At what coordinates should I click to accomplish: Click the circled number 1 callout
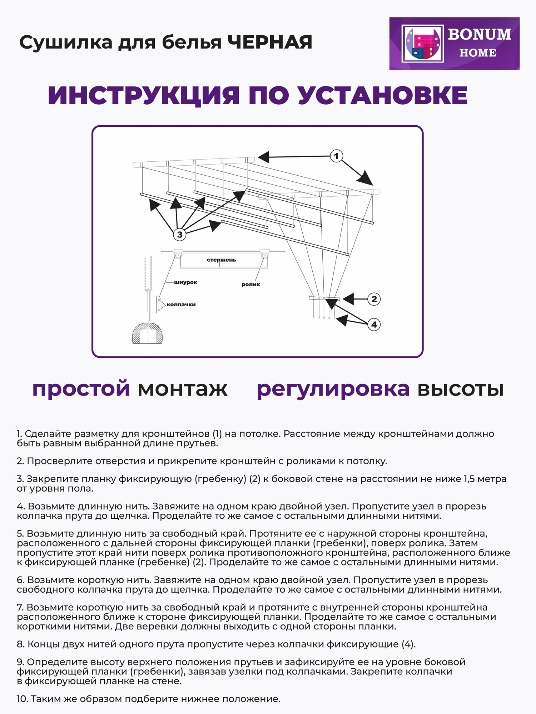tap(336, 156)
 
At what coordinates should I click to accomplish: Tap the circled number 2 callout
tap(374, 299)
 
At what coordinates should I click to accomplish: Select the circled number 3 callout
tap(179, 235)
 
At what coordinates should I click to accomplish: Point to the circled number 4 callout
tap(374, 325)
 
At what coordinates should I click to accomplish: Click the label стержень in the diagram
tap(221, 260)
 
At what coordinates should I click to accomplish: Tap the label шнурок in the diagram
tap(185, 282)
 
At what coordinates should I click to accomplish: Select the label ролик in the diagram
tap(250, 285)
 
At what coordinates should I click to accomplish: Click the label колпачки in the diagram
tap(181, 305)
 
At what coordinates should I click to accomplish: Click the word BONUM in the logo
tap(479, 35)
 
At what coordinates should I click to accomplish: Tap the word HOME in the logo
tap(478, 53)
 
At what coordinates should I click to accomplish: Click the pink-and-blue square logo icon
tap(422, 44)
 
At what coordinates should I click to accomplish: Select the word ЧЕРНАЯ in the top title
tap(270, 42)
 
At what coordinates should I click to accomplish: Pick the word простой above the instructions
tap(81, 388)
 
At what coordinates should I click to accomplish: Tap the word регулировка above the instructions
tap(333, 389)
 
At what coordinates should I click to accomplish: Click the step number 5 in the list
tap(20, 533)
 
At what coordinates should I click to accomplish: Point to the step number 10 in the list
tap(22, 699)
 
